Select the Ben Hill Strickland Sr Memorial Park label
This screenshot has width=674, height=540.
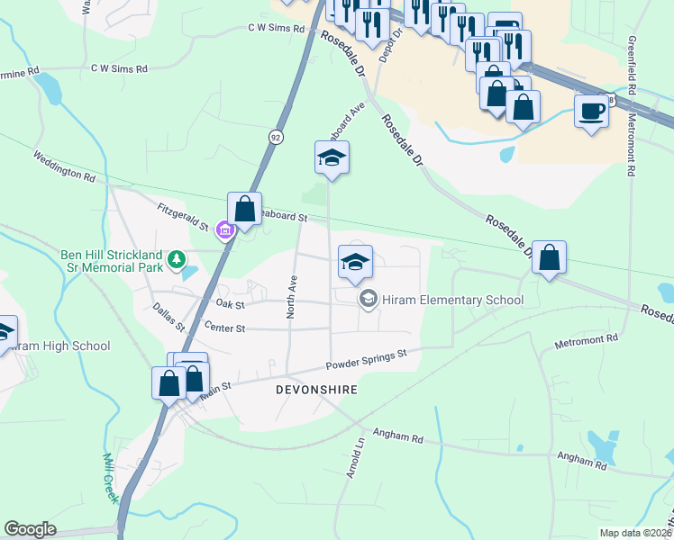coord(112,261)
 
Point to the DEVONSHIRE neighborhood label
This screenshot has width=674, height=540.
coord(317,390)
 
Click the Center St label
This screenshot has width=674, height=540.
coord(225,328)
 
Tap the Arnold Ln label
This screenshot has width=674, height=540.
coord(355,458)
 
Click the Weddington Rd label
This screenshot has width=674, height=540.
coord(64,166)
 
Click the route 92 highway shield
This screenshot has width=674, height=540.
coord(275,136)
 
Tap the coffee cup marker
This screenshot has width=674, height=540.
coord(591,112)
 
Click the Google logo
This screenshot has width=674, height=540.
coord(30,529)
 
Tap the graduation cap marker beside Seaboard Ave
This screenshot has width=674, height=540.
coord(332,158)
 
